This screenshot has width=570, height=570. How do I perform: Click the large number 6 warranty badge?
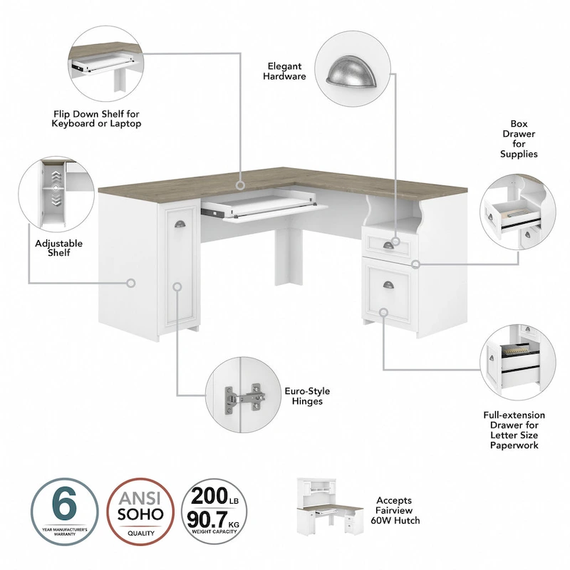coord(65,512)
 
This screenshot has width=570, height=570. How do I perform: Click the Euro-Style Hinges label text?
coord(303,396)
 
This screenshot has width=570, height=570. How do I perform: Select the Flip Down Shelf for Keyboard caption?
coord(97,118)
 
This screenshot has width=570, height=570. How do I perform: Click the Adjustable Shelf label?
coord(58,248)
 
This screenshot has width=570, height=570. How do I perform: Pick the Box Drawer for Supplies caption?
coord(518,138)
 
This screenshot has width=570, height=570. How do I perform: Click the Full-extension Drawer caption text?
coord(514,430)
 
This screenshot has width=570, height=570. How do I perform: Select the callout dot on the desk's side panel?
coord(131,283)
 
